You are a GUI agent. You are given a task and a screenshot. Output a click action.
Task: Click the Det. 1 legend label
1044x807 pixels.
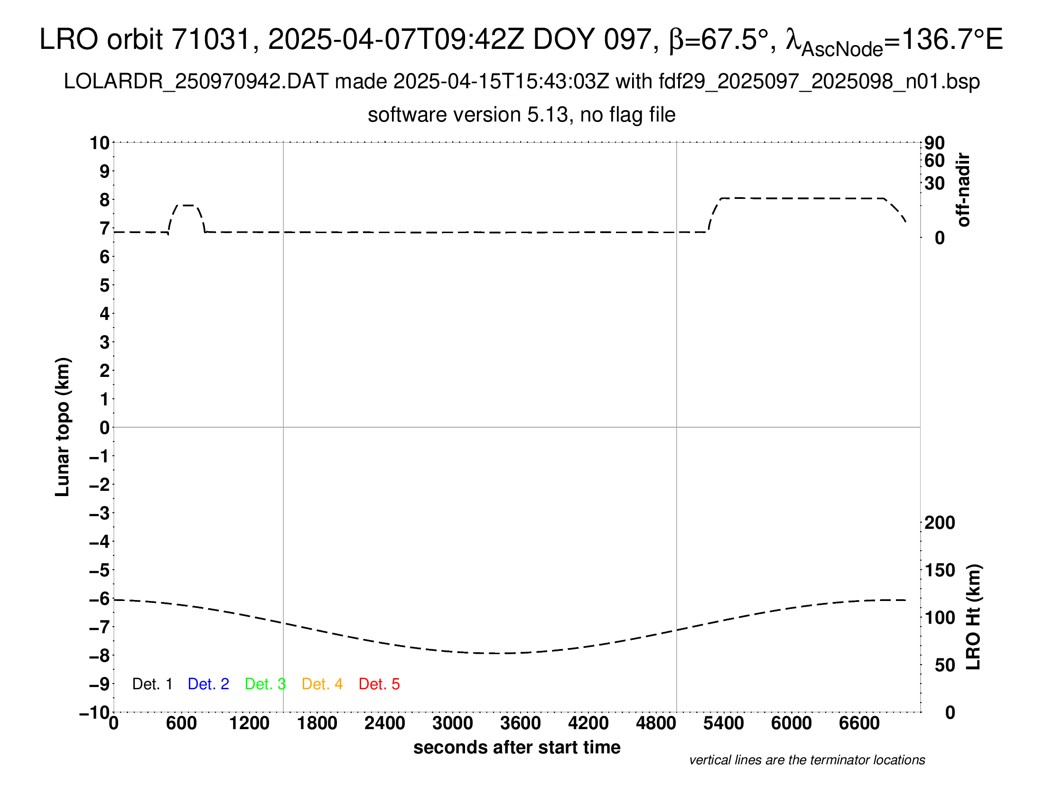pyautogui.click(x=152, y=684)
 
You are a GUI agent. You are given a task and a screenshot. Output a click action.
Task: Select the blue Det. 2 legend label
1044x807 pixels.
pyautogui.click(x=208, y=684)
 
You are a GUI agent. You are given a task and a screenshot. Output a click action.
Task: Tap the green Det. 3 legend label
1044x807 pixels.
pyautogui.click(x=265, y=684)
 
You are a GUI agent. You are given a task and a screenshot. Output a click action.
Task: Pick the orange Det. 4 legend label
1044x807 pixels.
pyautogui.click(x=322, y=684)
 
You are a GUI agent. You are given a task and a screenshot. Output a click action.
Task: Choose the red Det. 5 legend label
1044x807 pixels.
pyautogui.click(x=379, y=684)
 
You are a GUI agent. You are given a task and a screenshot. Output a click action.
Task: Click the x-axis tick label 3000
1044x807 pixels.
pyautogui.click(x=453, y=723)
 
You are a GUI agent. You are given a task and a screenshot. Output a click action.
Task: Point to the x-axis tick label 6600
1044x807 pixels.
pyautogui.click(x=859, y=723)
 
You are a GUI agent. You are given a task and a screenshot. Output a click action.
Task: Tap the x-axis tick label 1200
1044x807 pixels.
pyautogui.click(x=249, y=723)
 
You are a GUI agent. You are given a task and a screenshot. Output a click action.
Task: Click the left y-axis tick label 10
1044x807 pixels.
pyautogui.click(x=100, y=143)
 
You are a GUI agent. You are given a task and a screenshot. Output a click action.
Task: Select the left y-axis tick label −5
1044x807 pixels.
pyautogui.click(x=99, y=570)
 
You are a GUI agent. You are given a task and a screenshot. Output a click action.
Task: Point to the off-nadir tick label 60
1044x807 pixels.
pyautogui.click(x=934, y=161)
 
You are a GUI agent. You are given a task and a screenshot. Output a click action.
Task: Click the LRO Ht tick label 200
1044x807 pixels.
pyautogui.click(x=940, y=523)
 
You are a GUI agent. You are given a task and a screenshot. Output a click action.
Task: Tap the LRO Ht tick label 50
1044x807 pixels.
pyautogui.click(x=945, y=665)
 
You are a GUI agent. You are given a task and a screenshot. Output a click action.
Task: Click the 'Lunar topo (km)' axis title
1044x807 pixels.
pyautogui.click(x=63, y=427)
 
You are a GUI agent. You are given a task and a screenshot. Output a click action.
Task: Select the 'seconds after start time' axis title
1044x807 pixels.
pyautogui.click(x=517, y=747)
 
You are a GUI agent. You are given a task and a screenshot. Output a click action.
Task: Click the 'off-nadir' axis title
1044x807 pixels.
pyautogui.click(x=964, y=190)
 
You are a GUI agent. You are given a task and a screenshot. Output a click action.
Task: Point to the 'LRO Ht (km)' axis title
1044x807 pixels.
pyautogui.click(x=973, y=617)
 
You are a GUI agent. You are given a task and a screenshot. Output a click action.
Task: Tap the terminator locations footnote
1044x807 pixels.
pyautogui.click(x=807, y=760)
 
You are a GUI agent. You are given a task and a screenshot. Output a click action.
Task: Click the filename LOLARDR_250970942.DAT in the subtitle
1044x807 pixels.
pyautogui.click(x=196, y=82)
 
